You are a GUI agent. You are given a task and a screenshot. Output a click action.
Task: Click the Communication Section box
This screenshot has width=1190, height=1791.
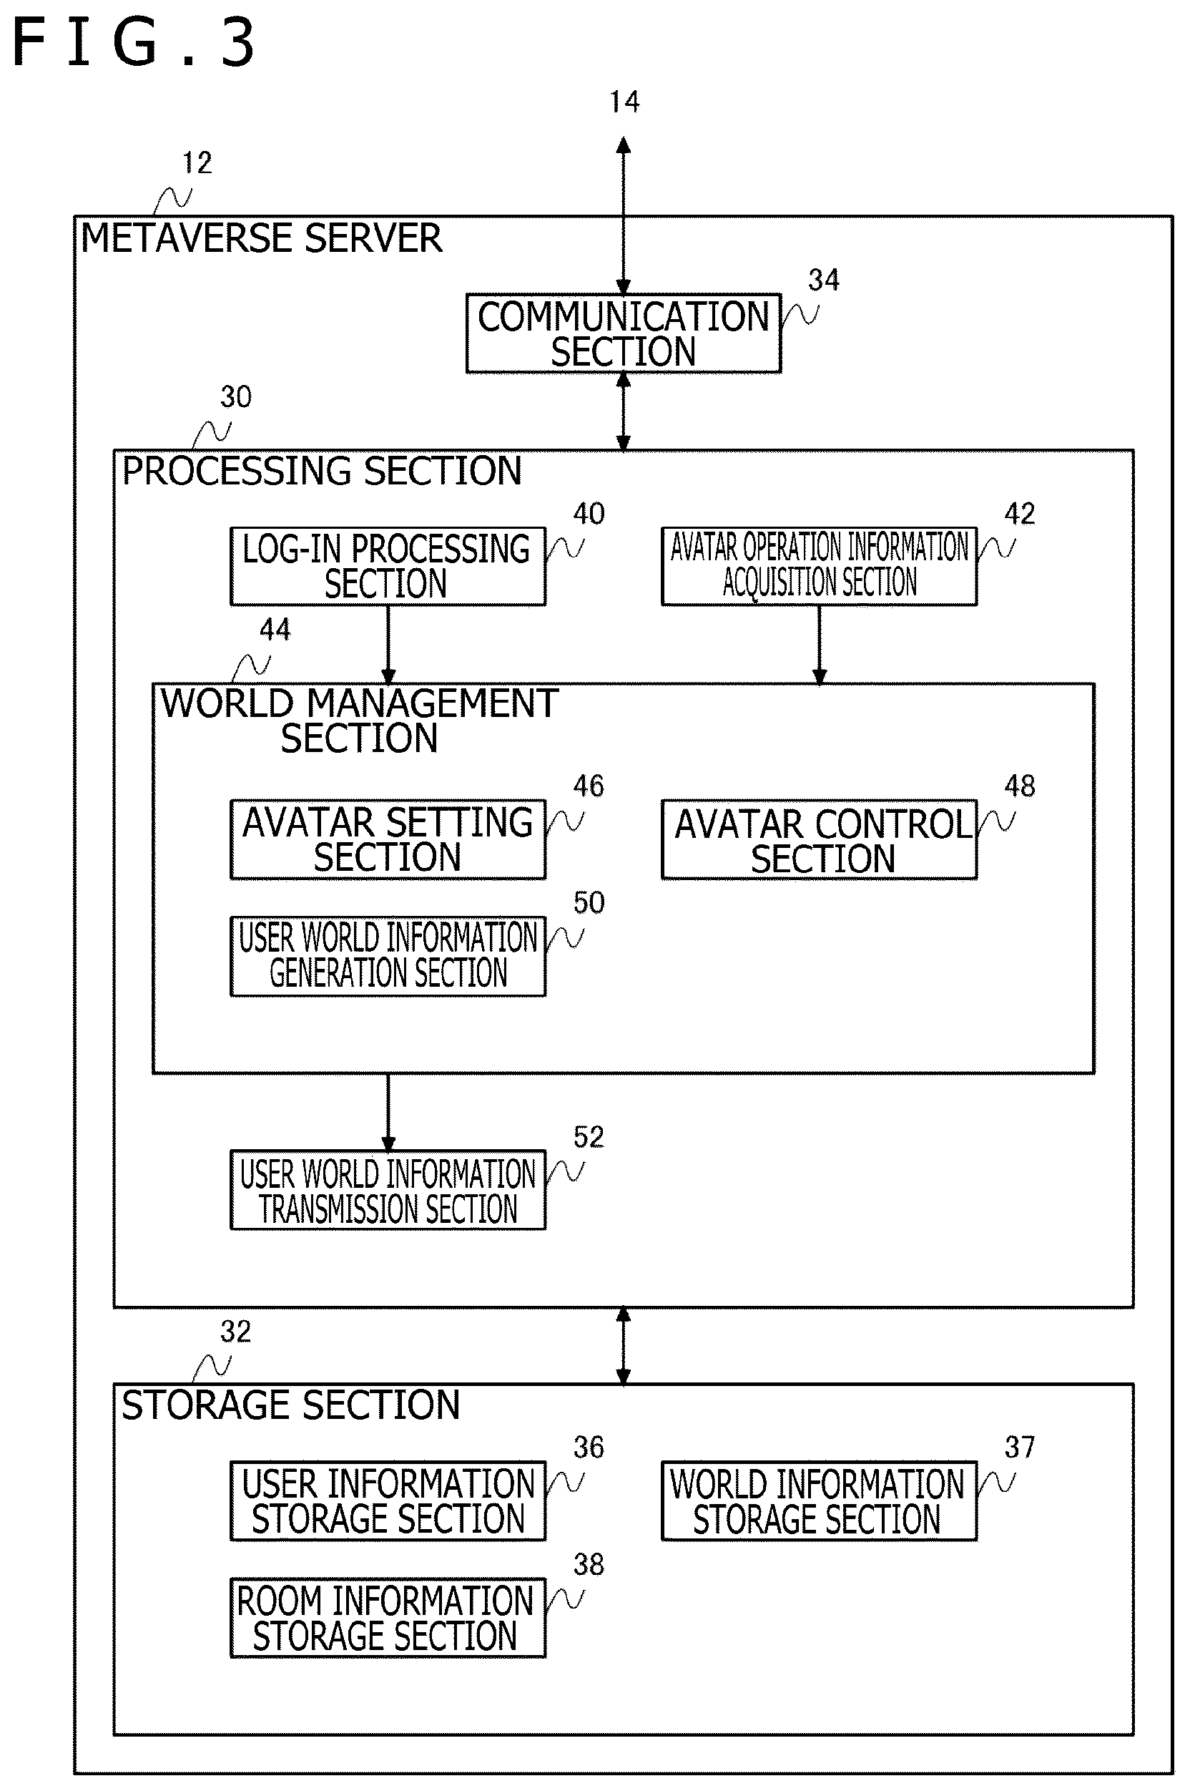point(623,333)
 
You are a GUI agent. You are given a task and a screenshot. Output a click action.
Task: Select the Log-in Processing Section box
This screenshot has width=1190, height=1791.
point(388,567)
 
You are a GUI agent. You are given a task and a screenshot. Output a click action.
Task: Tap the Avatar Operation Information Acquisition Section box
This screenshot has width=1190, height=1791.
point(819,567)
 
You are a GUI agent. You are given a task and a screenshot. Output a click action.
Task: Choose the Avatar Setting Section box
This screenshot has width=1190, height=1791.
point(388,840)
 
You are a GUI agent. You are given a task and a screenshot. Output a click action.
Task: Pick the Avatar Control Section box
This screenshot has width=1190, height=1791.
point(819,840)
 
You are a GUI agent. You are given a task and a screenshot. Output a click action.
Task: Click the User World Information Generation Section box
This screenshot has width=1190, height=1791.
point(388,957)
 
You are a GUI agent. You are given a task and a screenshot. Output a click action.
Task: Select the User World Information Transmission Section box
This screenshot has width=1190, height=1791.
point(388,1190)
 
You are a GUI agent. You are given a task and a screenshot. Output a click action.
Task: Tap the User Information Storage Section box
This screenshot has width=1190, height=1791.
point(388,1501)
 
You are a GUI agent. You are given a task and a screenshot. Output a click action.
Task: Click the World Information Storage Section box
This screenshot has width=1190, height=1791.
point(819,1501)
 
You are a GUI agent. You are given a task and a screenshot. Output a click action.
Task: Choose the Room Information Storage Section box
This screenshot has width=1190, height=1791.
point(388,1618)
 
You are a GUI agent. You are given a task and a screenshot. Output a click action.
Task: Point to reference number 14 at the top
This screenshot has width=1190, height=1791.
point(624,102)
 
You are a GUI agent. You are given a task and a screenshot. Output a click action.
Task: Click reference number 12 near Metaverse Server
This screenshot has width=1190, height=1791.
point(197,162)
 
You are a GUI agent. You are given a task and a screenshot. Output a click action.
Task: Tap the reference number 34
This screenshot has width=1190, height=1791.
point(823,280)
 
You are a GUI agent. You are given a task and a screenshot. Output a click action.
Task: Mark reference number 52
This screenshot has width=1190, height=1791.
point(589,1136)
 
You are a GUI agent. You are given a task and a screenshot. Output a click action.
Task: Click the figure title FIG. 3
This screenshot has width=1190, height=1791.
point(134,42)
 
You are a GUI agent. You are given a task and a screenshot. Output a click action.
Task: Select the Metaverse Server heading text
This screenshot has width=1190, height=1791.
point(261,238)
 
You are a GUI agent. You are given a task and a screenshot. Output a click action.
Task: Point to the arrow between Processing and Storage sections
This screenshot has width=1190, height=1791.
point(623,1346)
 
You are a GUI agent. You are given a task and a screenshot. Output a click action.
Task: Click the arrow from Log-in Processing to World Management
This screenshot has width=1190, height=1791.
point(388,645)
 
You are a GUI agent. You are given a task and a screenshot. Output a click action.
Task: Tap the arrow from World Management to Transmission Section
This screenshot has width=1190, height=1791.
point(388,1112)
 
